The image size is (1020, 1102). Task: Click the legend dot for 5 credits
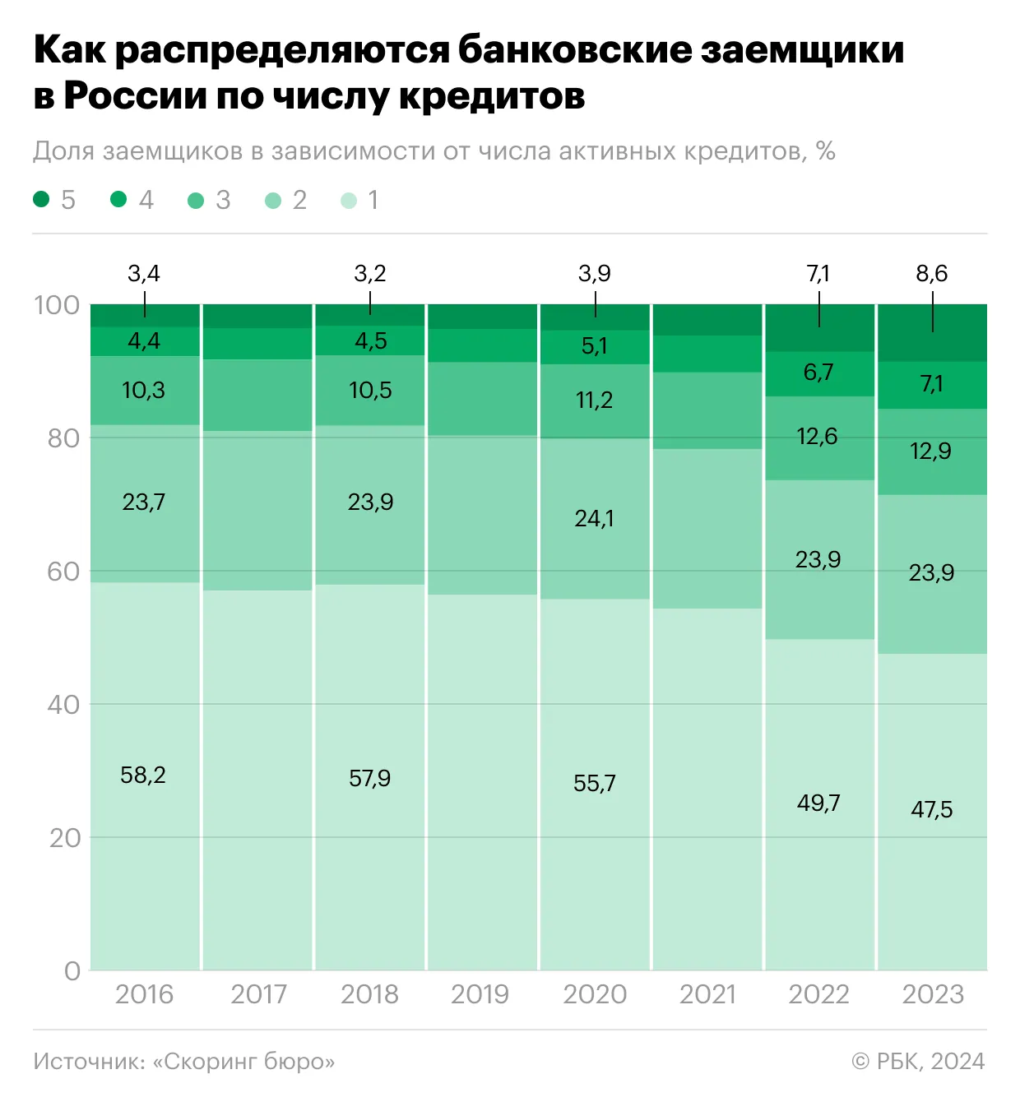(41, 199)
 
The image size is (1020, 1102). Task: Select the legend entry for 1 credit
(349, 200)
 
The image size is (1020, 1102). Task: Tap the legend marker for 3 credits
(196, 200)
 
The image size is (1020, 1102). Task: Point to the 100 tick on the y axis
(57, 305)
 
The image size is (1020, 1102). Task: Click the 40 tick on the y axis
(63, 705)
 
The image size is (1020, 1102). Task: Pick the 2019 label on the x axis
(480, 994)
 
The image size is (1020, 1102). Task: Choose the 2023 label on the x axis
(932, 994)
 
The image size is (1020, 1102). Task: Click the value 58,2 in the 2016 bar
(143, 776)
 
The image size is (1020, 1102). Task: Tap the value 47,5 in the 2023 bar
(931, 810)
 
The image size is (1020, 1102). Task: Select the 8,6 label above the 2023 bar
(931, 274)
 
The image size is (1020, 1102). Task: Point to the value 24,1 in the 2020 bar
(594, 519)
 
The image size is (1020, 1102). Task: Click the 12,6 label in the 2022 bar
(817, 437)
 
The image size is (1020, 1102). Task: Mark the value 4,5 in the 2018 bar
(370, 341)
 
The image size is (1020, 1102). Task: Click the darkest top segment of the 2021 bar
(707, 319)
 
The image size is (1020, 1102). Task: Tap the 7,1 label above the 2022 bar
(818, 274)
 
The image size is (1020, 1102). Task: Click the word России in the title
(136, 96)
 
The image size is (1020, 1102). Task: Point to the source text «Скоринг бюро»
(243, 1062)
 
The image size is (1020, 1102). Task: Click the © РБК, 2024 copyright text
(918, 1062)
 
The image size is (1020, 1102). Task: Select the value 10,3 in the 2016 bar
(143, 391)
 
